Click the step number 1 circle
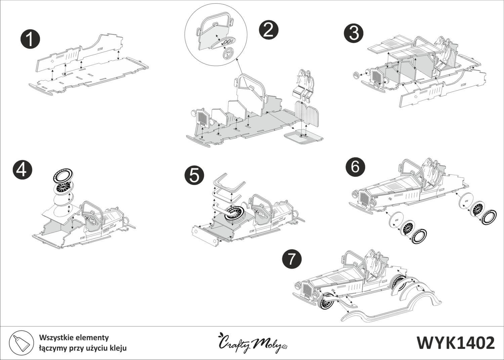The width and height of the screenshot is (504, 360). pyautogui.click(x=30, y=40)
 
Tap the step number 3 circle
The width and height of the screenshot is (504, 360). pyautogui.click(x=353, y=34)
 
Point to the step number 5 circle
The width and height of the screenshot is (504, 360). pyautogui.click(x=195, y=176)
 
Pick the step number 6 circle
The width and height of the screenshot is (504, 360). pyautogui.click(x=355, y=167)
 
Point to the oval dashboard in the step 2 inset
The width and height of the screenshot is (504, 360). pyautogui.click(x=221, y=43)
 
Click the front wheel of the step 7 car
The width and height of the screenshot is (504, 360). pyautogui.click(x=325, y=302)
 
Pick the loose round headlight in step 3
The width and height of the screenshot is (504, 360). pyautogui.click(x=356, y=75)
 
